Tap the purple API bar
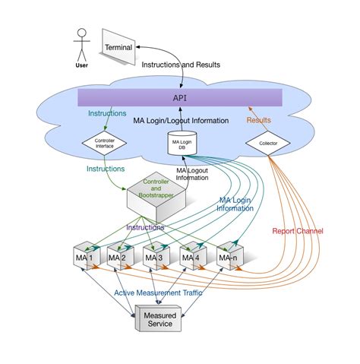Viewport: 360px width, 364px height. (x=180, y=98)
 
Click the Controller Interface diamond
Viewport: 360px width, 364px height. (x=105, y=141)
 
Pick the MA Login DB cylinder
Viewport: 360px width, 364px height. (x=180, y=142)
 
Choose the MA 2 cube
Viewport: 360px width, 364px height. (x=119, y=257)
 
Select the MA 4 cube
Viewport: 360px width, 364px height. (x=191, y=257)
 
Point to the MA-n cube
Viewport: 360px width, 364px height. (x=229, y=257)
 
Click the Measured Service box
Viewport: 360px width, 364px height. (x=159, y=318)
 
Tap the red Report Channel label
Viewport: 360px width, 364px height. (x=297, y=231)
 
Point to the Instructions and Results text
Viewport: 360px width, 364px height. (x=181, y=65)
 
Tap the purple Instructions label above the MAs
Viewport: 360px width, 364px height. (x=145, y=226)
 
